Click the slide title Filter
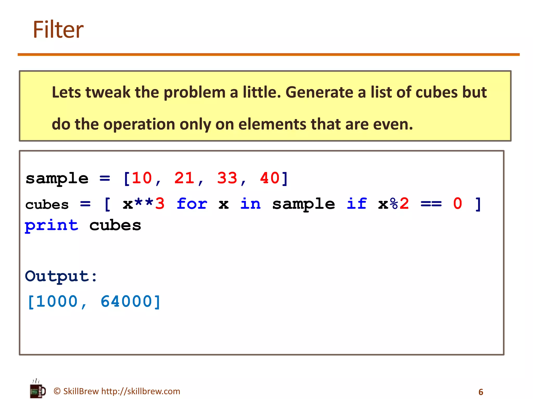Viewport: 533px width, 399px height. point(58,30)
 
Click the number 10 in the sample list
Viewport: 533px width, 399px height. point(142,178)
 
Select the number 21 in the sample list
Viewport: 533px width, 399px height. point(184,178)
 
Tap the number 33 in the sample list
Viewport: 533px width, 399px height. point(227,178)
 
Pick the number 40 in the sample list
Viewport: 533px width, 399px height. point(270,178)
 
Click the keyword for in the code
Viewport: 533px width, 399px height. point(192,204)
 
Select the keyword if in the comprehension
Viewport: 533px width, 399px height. point(357,204)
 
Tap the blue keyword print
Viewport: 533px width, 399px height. point(52,225)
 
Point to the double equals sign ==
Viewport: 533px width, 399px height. point(431,204)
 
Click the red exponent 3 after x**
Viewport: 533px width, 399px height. point(160,204)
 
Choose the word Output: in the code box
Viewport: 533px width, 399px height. point(61,276)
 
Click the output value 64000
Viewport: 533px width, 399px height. point(126,302)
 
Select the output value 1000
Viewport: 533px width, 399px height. point(57,302)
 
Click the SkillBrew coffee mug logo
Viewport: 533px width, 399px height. point(37,389)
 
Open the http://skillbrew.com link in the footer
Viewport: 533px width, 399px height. point(141,391)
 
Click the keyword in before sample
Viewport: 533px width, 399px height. point(250,204)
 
